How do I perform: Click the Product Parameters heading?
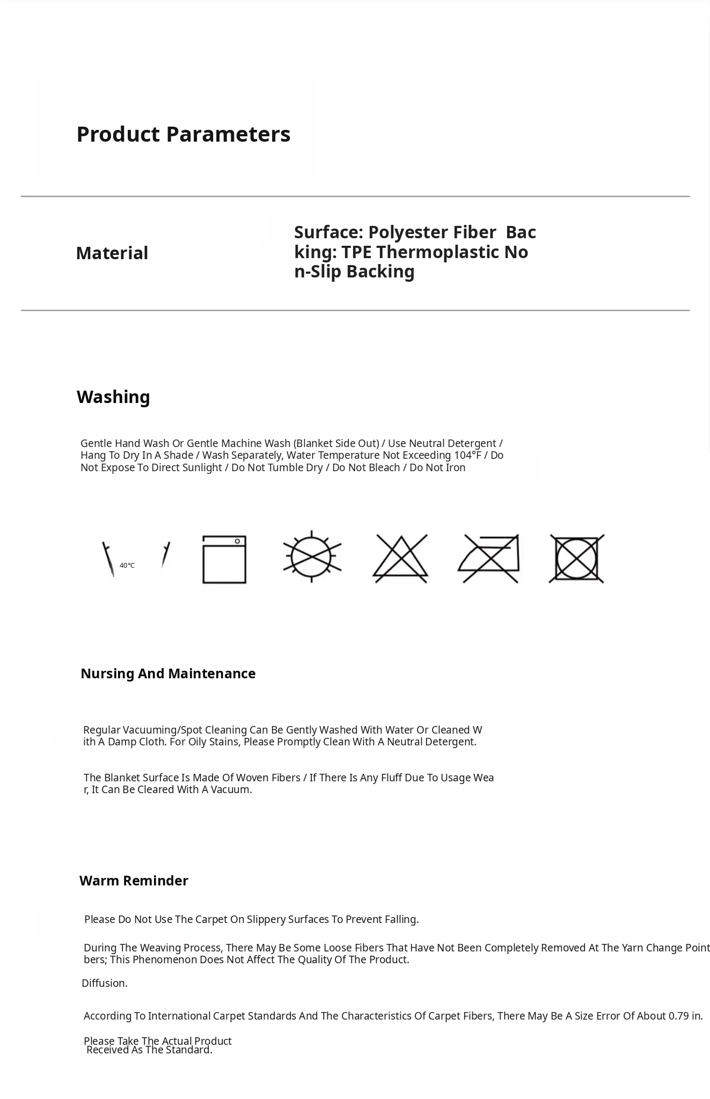coord(184,134)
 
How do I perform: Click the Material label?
coord(112,253)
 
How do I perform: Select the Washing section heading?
coord(113,397)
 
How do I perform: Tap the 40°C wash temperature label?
coord(127,566)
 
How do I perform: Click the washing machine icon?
coord(224,559)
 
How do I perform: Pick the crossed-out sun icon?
coord(312,556)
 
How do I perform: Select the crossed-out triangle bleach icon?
coord(400,559)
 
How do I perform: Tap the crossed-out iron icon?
coord(489,559)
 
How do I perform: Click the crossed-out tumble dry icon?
coord(576,559)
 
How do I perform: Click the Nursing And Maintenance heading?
coord(168,673)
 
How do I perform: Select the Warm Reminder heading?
coord(134,881)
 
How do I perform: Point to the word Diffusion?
coord(105,983)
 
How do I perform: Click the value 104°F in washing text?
coord(467,455)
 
